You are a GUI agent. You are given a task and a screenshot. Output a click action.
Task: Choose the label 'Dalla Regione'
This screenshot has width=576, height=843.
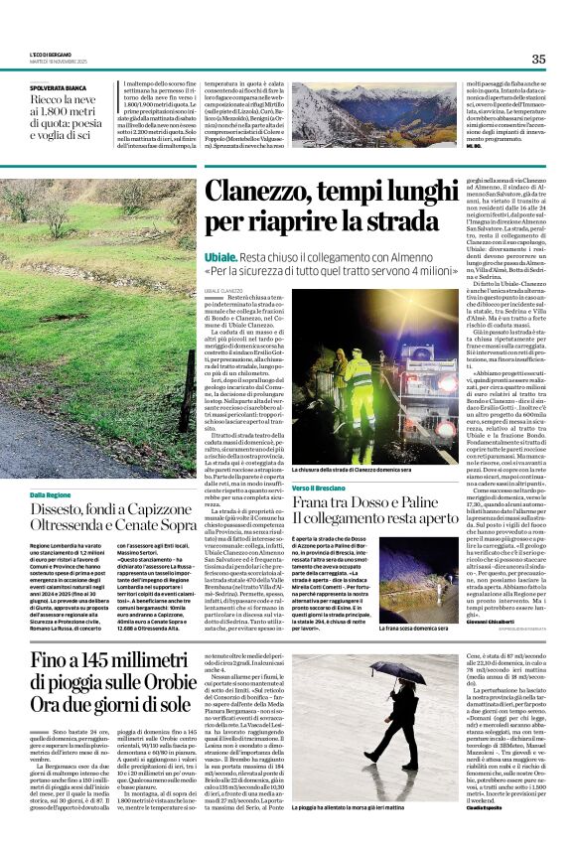pyautogui.click(x=51, y=493)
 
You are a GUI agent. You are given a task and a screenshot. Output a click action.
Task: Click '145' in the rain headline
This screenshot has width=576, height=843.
pyautogui.click(x=109, y=660)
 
